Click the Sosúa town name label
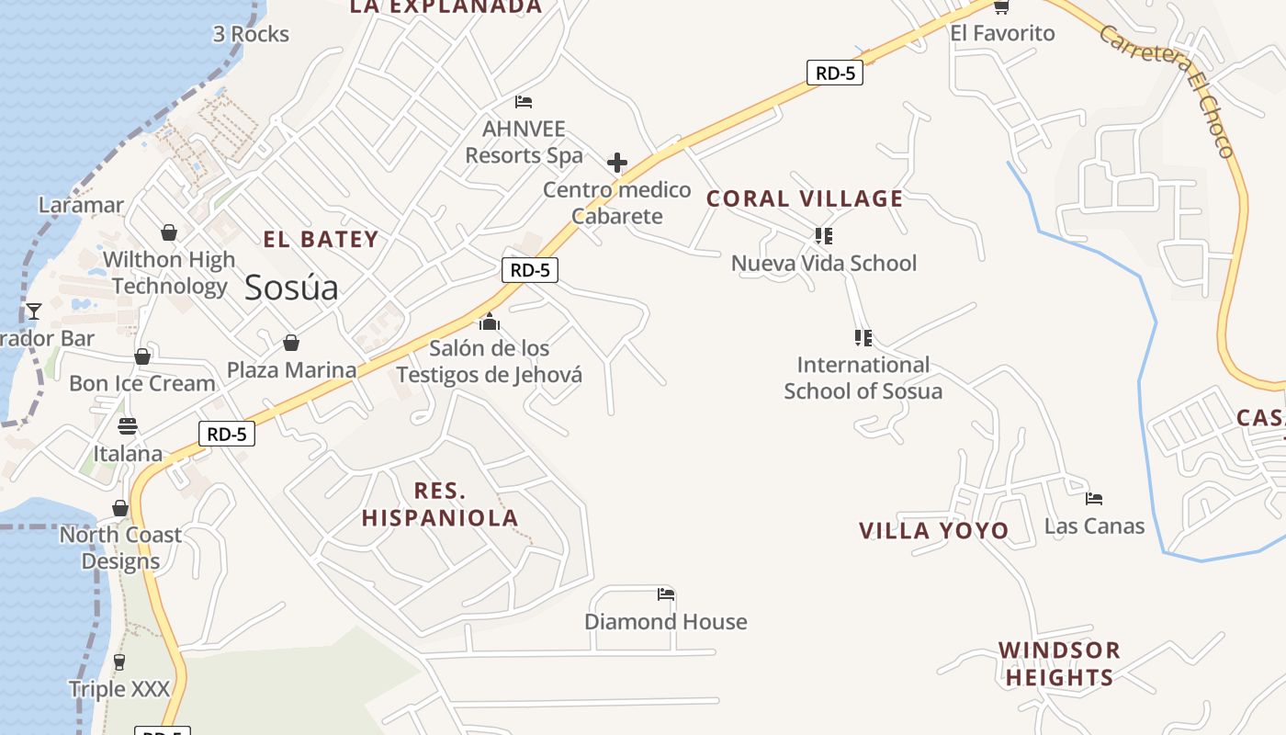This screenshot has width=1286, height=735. [x=291, y=288]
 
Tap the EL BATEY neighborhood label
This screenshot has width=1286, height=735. [x=321, y=240]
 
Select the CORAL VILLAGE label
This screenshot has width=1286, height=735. [x=805, y=198]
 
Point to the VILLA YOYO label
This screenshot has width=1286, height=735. [x=933, y=531]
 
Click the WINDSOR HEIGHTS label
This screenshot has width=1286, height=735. [x=1059, y=664]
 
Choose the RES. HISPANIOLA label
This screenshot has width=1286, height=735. [x=440, y=504]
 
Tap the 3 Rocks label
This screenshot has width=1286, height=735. [x=251, y=35]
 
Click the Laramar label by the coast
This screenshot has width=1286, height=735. [x=81, y=205]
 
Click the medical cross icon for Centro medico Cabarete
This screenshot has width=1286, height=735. [x=617, y=164]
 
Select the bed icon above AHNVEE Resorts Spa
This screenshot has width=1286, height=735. [x=524, y=101]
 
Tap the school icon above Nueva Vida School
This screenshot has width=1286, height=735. [x=824, y=236]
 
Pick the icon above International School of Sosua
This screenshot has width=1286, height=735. [x=863, y=338]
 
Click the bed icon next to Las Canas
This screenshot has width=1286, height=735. [x=1093, y=499]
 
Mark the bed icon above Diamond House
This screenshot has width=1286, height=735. [x=666, y=594]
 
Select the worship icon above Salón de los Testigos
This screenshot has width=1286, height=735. [x=490, y=322]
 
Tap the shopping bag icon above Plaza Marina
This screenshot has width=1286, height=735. [x=291, y=343]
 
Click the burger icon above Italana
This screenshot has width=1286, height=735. [x=128, y=426]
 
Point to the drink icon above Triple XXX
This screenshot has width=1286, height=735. [x=118, y=661]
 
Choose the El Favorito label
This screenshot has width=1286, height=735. [x=1002, y=34]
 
